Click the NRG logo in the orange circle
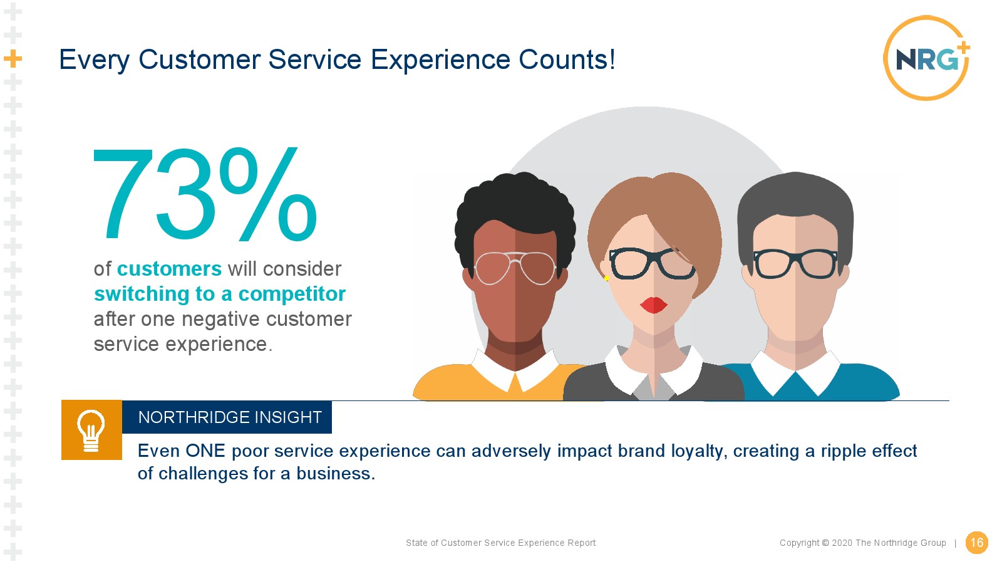[x=927, y=58]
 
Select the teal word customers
[x=169, y=269]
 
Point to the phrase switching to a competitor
[x=220, y=294]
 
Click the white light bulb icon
[x=91, y=431]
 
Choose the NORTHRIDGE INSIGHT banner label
[x=230, y=417]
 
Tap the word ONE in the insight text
[x=205, y=451]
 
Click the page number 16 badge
[x=976, y=543]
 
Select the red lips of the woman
[x=654, y=305]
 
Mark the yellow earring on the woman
[x=607, y=278]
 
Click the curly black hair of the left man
[x=515, y=206]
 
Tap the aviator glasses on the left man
[x=515, y=268]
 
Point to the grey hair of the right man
[x=795, y=197]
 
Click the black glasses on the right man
[x=795, y=264]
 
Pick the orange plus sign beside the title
[x=13, y=59]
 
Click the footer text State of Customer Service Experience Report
[x=500, y=543]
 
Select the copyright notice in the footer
[x=863, y=543]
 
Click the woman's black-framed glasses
[x=653, y=263]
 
